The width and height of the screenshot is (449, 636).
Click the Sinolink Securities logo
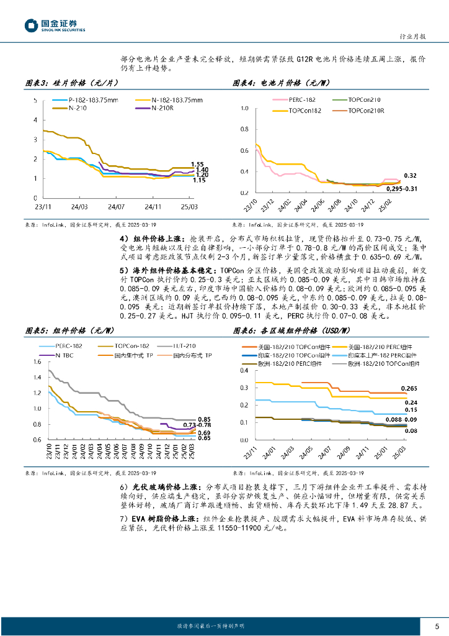click(x=55, y=25)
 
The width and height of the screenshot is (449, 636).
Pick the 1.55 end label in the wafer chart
click(x=198, y=163)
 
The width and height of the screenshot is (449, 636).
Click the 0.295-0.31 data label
click(x=401, y=188)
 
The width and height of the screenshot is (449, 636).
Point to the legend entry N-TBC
click(x=65, y=355)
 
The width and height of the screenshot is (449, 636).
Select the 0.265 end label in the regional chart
click(x=409, y=388)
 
